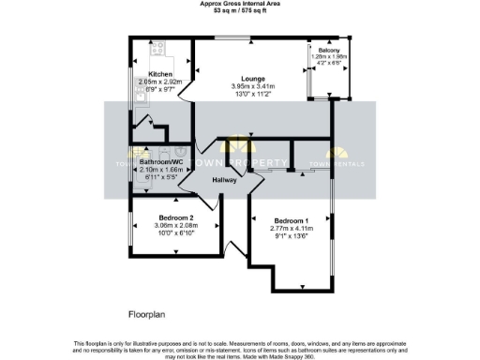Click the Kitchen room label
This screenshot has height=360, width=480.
(x=160, y=73)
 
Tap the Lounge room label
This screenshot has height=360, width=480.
(x=252, y=79)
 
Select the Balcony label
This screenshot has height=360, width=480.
(x=329, y=50)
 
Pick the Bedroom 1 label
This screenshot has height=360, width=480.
(x=290, y=221)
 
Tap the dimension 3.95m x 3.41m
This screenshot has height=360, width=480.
(x=252, y=87)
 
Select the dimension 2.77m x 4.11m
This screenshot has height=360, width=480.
(x=290, y=229)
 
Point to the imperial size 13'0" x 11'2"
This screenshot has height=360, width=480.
(x=252, y=95)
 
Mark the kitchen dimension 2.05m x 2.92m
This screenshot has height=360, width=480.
(x=160, y=81)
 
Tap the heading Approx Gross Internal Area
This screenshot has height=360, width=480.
(x=240, y=4)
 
